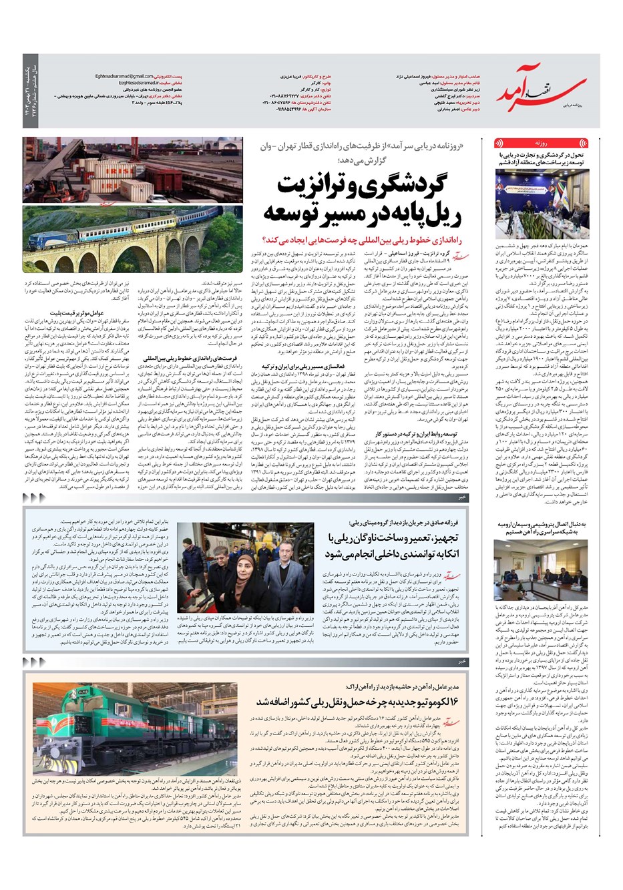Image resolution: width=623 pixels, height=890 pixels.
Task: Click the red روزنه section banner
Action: click(x=542, y=143)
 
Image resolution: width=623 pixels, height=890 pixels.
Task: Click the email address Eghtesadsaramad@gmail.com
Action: click(x=134, y=77)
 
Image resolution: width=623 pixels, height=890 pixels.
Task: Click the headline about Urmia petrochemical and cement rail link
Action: click(x=541, y=529)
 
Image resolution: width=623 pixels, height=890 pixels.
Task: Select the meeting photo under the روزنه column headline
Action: click(x=542, y=200)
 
